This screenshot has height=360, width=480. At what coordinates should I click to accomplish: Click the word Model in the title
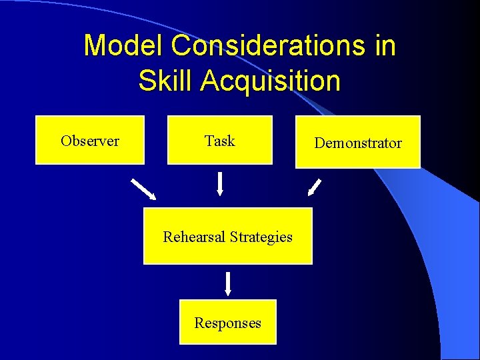pyautogui.click(x=123, y=46)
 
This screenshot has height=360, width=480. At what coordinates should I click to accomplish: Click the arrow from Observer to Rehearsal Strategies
pyautogui.click(x=143, y=189)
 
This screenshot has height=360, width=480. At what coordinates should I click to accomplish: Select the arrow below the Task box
pyautogui.click(x=220, y=185)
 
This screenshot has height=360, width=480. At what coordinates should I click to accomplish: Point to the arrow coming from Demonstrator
pyautogui.click(x=314, y=187)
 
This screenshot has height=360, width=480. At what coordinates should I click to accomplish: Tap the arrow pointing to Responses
pyautogui.click(x=228, y=283)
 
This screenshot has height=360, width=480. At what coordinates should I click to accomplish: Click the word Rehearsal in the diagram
pyautogui.click(x=194, y=237)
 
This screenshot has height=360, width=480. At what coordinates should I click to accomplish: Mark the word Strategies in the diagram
pyautogui.click(x=261, y=237)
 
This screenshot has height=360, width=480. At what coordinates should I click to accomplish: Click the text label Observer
pyautogui.click(x=90, y=141)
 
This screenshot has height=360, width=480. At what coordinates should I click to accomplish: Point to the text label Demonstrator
pyautogui.click(x=358, y=143)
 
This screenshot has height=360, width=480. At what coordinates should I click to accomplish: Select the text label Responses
pyautogui.click(x=228, y=323)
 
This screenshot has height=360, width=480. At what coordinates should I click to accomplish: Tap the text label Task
pyautogui.click(x=220, y=141)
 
